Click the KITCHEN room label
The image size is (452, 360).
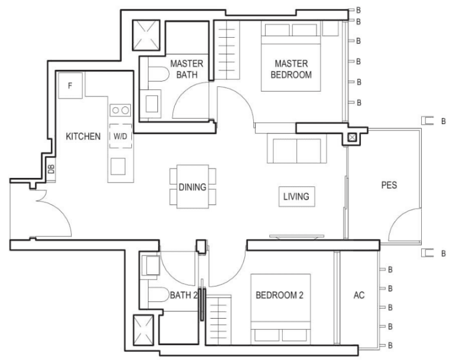click(83, 136)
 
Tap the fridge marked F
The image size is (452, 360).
click(70, 86)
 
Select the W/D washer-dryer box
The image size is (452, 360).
click(121, 136)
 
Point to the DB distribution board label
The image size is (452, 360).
click(51, 169)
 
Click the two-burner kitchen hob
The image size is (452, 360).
click(120, 110)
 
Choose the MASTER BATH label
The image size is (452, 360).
click(186, 69)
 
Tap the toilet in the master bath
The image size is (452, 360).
click(158, 74)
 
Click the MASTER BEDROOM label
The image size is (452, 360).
click(291, 69)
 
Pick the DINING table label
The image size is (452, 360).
click(192, 187)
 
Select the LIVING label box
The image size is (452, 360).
click(296, 196)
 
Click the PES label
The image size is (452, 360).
click(389, 185)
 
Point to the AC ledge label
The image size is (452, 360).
click(359, 295)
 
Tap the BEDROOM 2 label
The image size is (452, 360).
click(279, 295)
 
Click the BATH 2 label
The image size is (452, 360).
click(183, 295)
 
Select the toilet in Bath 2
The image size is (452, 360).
click(158, 294)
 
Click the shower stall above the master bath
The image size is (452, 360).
click(146, 35)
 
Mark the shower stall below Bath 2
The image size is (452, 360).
click(143, 330)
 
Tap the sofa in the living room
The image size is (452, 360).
click(296, 148)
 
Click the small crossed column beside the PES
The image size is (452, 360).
click(351, 137)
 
